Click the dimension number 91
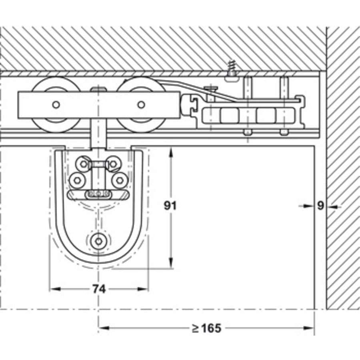click(x=170, y=206)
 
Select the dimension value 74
click(x=98, y=289)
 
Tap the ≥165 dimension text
click(x=206, y=328)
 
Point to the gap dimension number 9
click(x=320, y=206)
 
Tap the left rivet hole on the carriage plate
click(x=56, y=105)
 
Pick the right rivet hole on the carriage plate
click(x=141, y=105)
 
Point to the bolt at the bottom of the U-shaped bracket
click(x=98, y=241)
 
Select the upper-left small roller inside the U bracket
click(x=83, y=163)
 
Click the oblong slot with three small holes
click(x=98, y=194)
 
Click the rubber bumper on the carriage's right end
click(x=187, y=105)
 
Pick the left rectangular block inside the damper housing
click(x=230, y=116)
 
